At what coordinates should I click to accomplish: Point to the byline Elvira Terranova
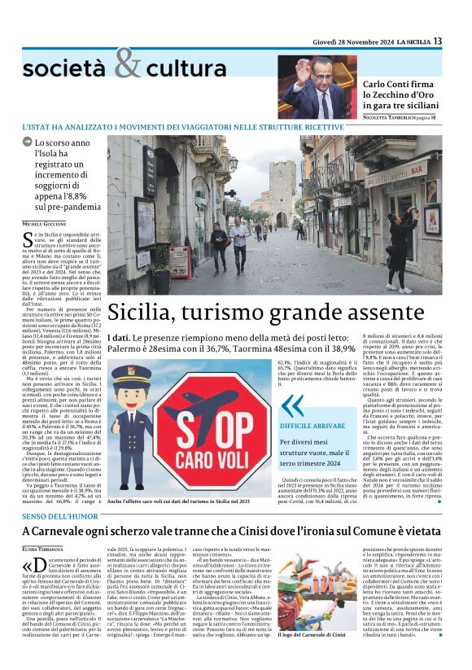[x=43, y=550]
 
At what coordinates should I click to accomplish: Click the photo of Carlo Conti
[x=317, y=87]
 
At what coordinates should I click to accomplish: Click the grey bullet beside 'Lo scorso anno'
[x=28, y=142]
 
